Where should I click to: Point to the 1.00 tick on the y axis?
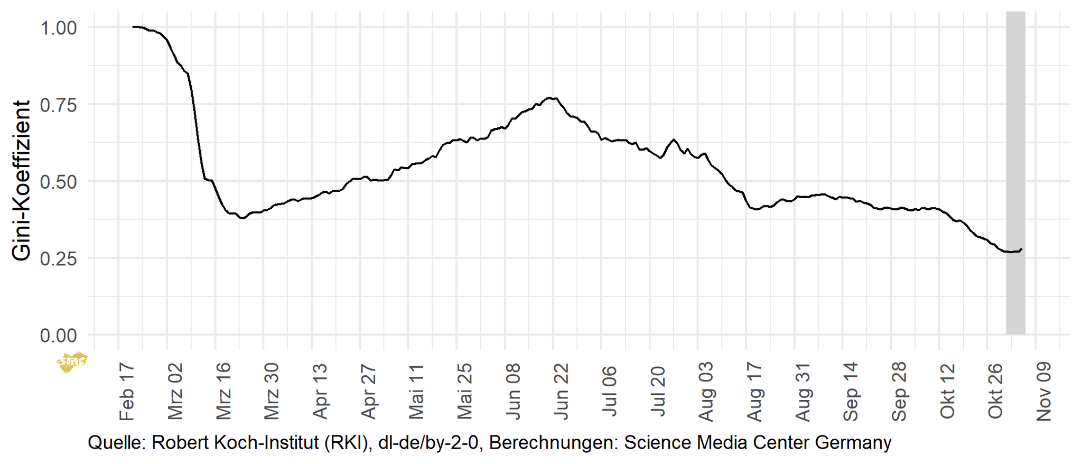point(59,27)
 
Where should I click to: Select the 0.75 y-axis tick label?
point(59,105)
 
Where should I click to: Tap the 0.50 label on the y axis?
point(59,182)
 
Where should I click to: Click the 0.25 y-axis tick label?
point(59,258)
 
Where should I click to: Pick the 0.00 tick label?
point(59,336)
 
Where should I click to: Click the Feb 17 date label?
point(127,392)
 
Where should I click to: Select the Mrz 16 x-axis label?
point(224,391)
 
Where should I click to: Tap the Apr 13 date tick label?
point(321,391)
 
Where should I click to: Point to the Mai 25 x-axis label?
point(465,391)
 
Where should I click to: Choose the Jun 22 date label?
point(562,391)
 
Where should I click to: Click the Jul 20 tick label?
point(658,391)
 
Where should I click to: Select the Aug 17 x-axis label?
point(754,392)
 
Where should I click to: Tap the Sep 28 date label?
point(899,392)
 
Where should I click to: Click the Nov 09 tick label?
point(1044,392)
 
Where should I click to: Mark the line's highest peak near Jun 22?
point(550,98)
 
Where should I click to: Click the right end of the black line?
point(1021,249)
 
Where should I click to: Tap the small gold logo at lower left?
point(72,362)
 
